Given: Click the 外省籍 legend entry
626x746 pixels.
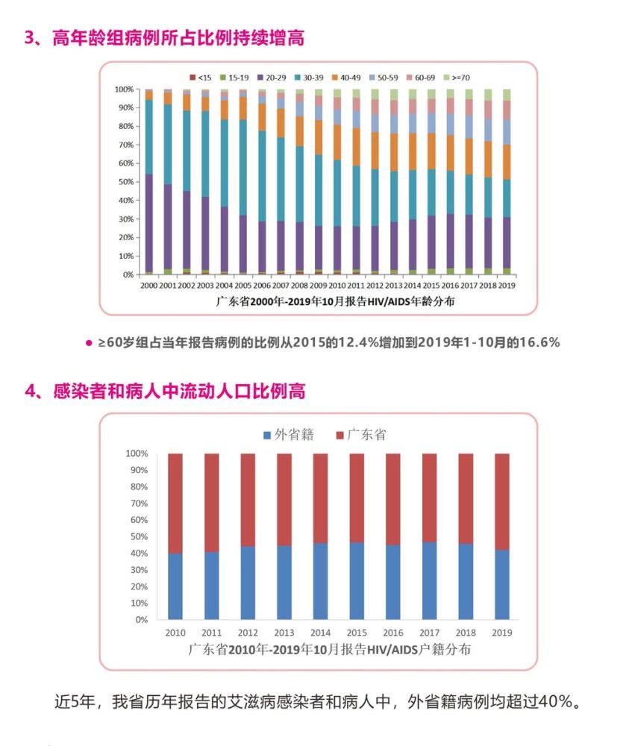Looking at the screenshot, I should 288,435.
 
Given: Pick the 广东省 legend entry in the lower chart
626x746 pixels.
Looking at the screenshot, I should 361,435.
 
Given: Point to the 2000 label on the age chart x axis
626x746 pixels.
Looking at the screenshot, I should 149,285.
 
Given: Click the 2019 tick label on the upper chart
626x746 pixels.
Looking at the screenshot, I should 507,285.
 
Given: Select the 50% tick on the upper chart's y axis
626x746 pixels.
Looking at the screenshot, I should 124,182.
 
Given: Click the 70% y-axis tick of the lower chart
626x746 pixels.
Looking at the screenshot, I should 137,504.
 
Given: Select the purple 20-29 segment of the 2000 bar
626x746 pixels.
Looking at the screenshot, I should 149,224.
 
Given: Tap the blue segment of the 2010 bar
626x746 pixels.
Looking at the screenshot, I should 175,586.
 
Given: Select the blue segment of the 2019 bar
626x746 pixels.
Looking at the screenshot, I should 502,585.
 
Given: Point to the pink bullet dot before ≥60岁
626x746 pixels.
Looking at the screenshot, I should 89,343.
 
